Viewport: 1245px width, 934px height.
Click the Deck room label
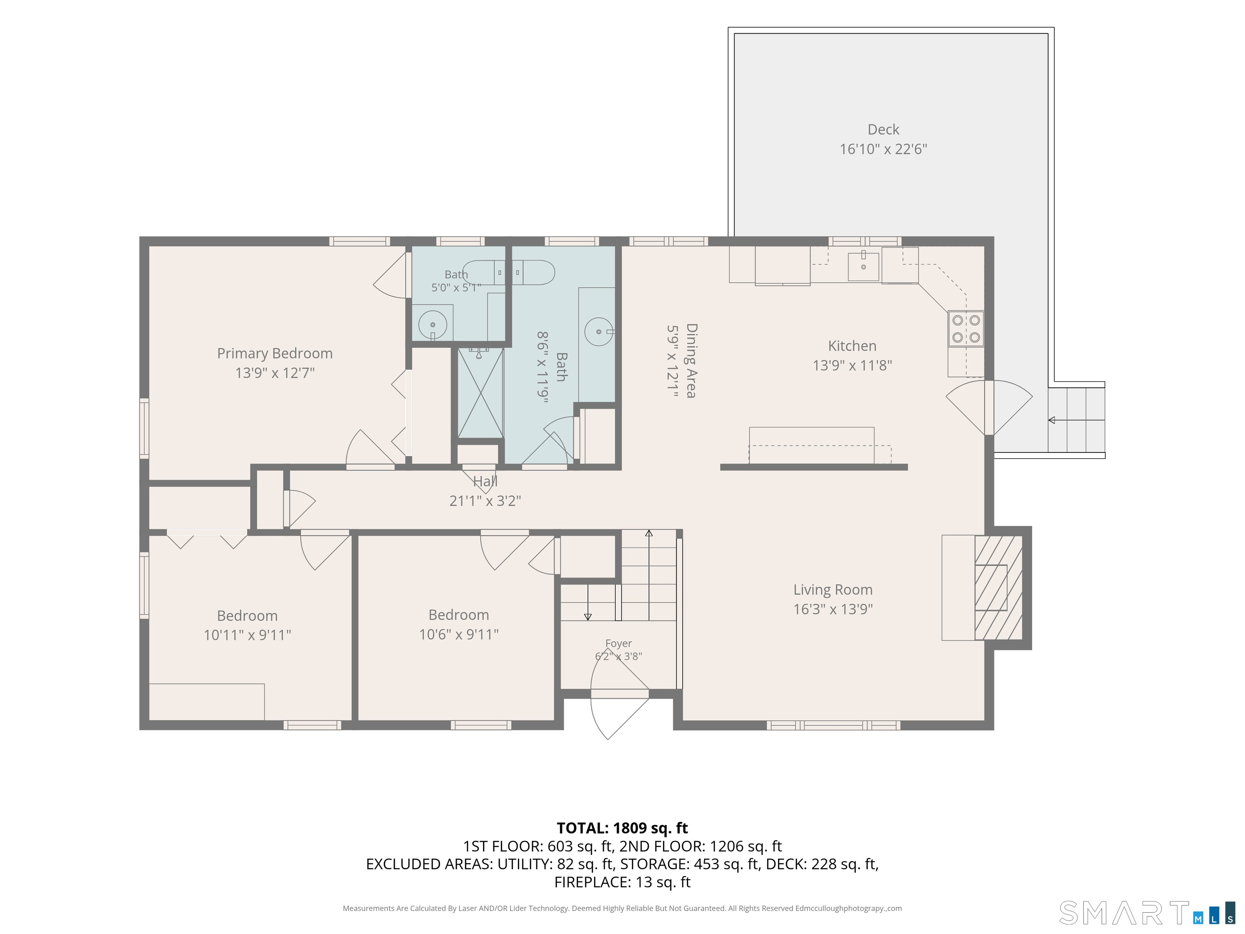coord(883,129)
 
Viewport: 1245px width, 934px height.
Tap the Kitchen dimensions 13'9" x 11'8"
coord(852,365)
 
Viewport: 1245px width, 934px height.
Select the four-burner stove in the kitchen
coord(966,329)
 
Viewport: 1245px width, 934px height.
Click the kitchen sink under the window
coord(863,266)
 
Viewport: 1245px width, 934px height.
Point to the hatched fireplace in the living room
coord(999,587)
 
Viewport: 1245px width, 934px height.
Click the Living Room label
coord(833,589)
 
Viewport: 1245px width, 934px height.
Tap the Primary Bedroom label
coord(275,353)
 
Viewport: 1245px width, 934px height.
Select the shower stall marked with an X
coord(480,392)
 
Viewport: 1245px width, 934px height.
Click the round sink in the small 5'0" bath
coord(432,325)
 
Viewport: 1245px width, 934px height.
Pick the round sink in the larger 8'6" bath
coord(599,332)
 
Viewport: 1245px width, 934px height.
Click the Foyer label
coord(618,643)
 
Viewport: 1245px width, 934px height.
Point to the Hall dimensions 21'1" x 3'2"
coord(485,501)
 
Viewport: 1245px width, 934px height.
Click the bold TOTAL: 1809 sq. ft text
coord(622,828)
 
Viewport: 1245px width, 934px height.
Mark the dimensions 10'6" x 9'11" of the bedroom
coord(459,634)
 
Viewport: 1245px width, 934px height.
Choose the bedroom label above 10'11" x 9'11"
coord(247,615)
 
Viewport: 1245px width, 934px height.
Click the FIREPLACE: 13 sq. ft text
coord(622,882)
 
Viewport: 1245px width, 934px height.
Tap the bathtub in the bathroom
coord(509,272)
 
